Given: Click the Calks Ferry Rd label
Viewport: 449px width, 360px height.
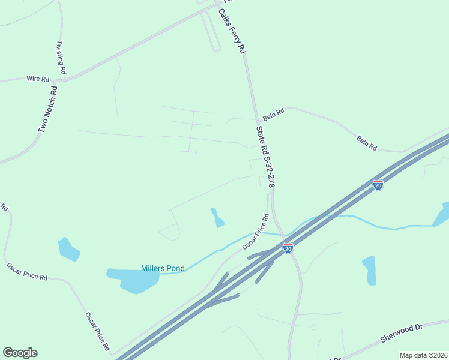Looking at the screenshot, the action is (232, 32).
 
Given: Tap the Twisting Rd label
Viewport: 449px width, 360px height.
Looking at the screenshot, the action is (61, 58).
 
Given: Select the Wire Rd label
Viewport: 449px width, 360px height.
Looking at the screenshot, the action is (37, 79).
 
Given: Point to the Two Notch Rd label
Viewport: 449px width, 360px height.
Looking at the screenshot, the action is (47, 109).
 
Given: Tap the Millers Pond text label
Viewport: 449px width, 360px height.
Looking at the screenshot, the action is (163, 268).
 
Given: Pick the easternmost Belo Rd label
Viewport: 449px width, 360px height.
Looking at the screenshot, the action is (366, 143).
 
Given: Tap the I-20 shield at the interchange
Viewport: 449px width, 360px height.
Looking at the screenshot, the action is (288, 247).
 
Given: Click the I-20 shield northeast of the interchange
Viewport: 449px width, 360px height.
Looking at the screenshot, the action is (378, 184).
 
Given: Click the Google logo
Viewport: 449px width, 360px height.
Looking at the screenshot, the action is (20, 353).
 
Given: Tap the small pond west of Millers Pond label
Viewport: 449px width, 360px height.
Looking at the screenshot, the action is (68, 249).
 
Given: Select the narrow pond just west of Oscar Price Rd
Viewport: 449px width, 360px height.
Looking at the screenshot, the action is (217, 217).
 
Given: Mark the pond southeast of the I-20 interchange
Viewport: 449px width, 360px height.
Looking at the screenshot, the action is (369, 270).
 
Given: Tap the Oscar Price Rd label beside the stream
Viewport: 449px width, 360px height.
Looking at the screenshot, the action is (255, 232).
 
